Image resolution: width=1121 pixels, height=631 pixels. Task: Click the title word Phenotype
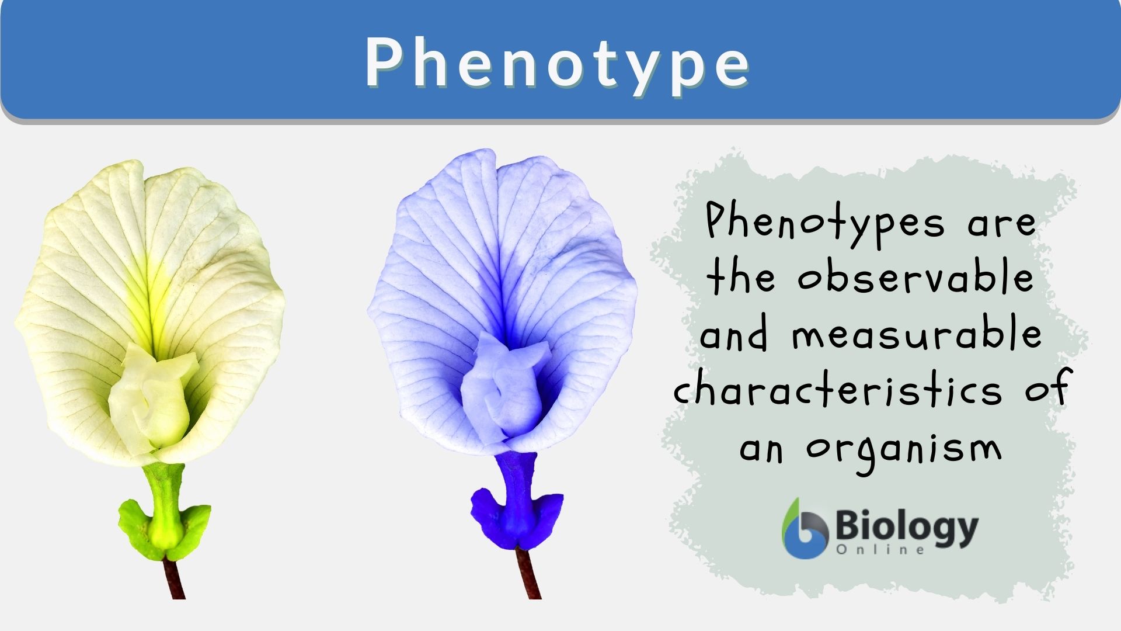[x=558, y=63]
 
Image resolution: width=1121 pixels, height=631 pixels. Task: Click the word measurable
[x=916, y=334]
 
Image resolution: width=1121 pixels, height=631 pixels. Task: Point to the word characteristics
[x=838, y=390]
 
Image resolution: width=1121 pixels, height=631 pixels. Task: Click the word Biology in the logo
[x=907, y=528]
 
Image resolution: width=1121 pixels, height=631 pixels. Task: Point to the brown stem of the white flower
[x=175, y=578]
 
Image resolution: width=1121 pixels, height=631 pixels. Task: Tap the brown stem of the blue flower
[x=529, y=575]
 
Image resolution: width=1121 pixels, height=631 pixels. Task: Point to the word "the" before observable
[x=740, y=277]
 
